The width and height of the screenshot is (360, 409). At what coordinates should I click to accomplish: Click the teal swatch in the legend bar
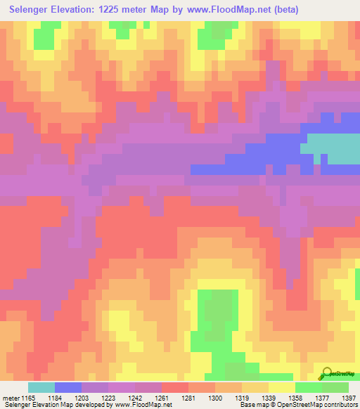click(41, 387)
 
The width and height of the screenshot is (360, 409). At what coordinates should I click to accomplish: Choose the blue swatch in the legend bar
click(68, 387)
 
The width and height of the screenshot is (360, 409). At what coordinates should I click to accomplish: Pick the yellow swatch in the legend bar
click(282, 387)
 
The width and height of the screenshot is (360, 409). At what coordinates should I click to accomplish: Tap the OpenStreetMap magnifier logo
click(327, 372)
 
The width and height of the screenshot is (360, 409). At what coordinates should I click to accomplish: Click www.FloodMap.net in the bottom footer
click(143, 405)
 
